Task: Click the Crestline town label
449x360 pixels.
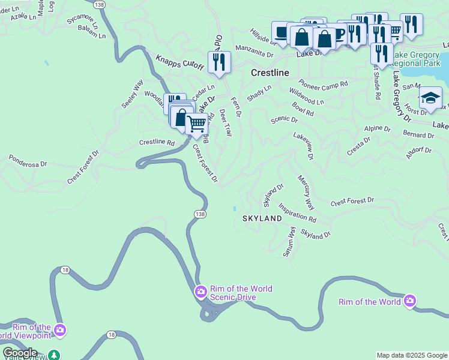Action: pyautogui.click(x=270, y=73)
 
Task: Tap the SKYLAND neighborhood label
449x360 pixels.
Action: pyautogui.click(x=262, y=218)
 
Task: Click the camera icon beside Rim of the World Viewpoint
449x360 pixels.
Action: pyautogui.click(x=59, y=329)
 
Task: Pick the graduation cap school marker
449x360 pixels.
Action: pyautogui.click(x=430, y=97)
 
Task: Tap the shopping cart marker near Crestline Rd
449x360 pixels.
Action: pyautogui.click(x=197, y=124)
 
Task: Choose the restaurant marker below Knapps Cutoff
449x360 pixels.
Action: pyautogui.click(x=219, y=62)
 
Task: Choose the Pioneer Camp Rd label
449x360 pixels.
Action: pyautogui.click(x=323, y=85)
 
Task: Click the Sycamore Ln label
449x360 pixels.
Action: pyautogui.click(x=82, y=22)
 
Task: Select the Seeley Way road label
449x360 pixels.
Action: pyautogui.click(x=133, y=94)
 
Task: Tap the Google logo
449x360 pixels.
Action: pyautogui.click(x=20, y=353)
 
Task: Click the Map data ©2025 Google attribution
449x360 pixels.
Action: pyautogui.click(x=412, y=355)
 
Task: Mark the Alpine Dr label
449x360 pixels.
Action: pyautogui.click(x=378, y=129)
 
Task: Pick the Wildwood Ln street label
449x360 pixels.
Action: pyautogui.click(x=306, y=97)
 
